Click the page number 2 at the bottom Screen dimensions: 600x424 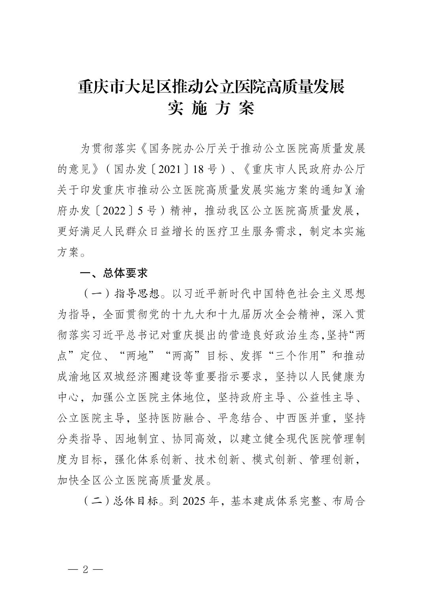coord(85,570)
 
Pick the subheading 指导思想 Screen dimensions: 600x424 coord(137,293)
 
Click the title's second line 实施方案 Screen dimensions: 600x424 coord(211,109)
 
